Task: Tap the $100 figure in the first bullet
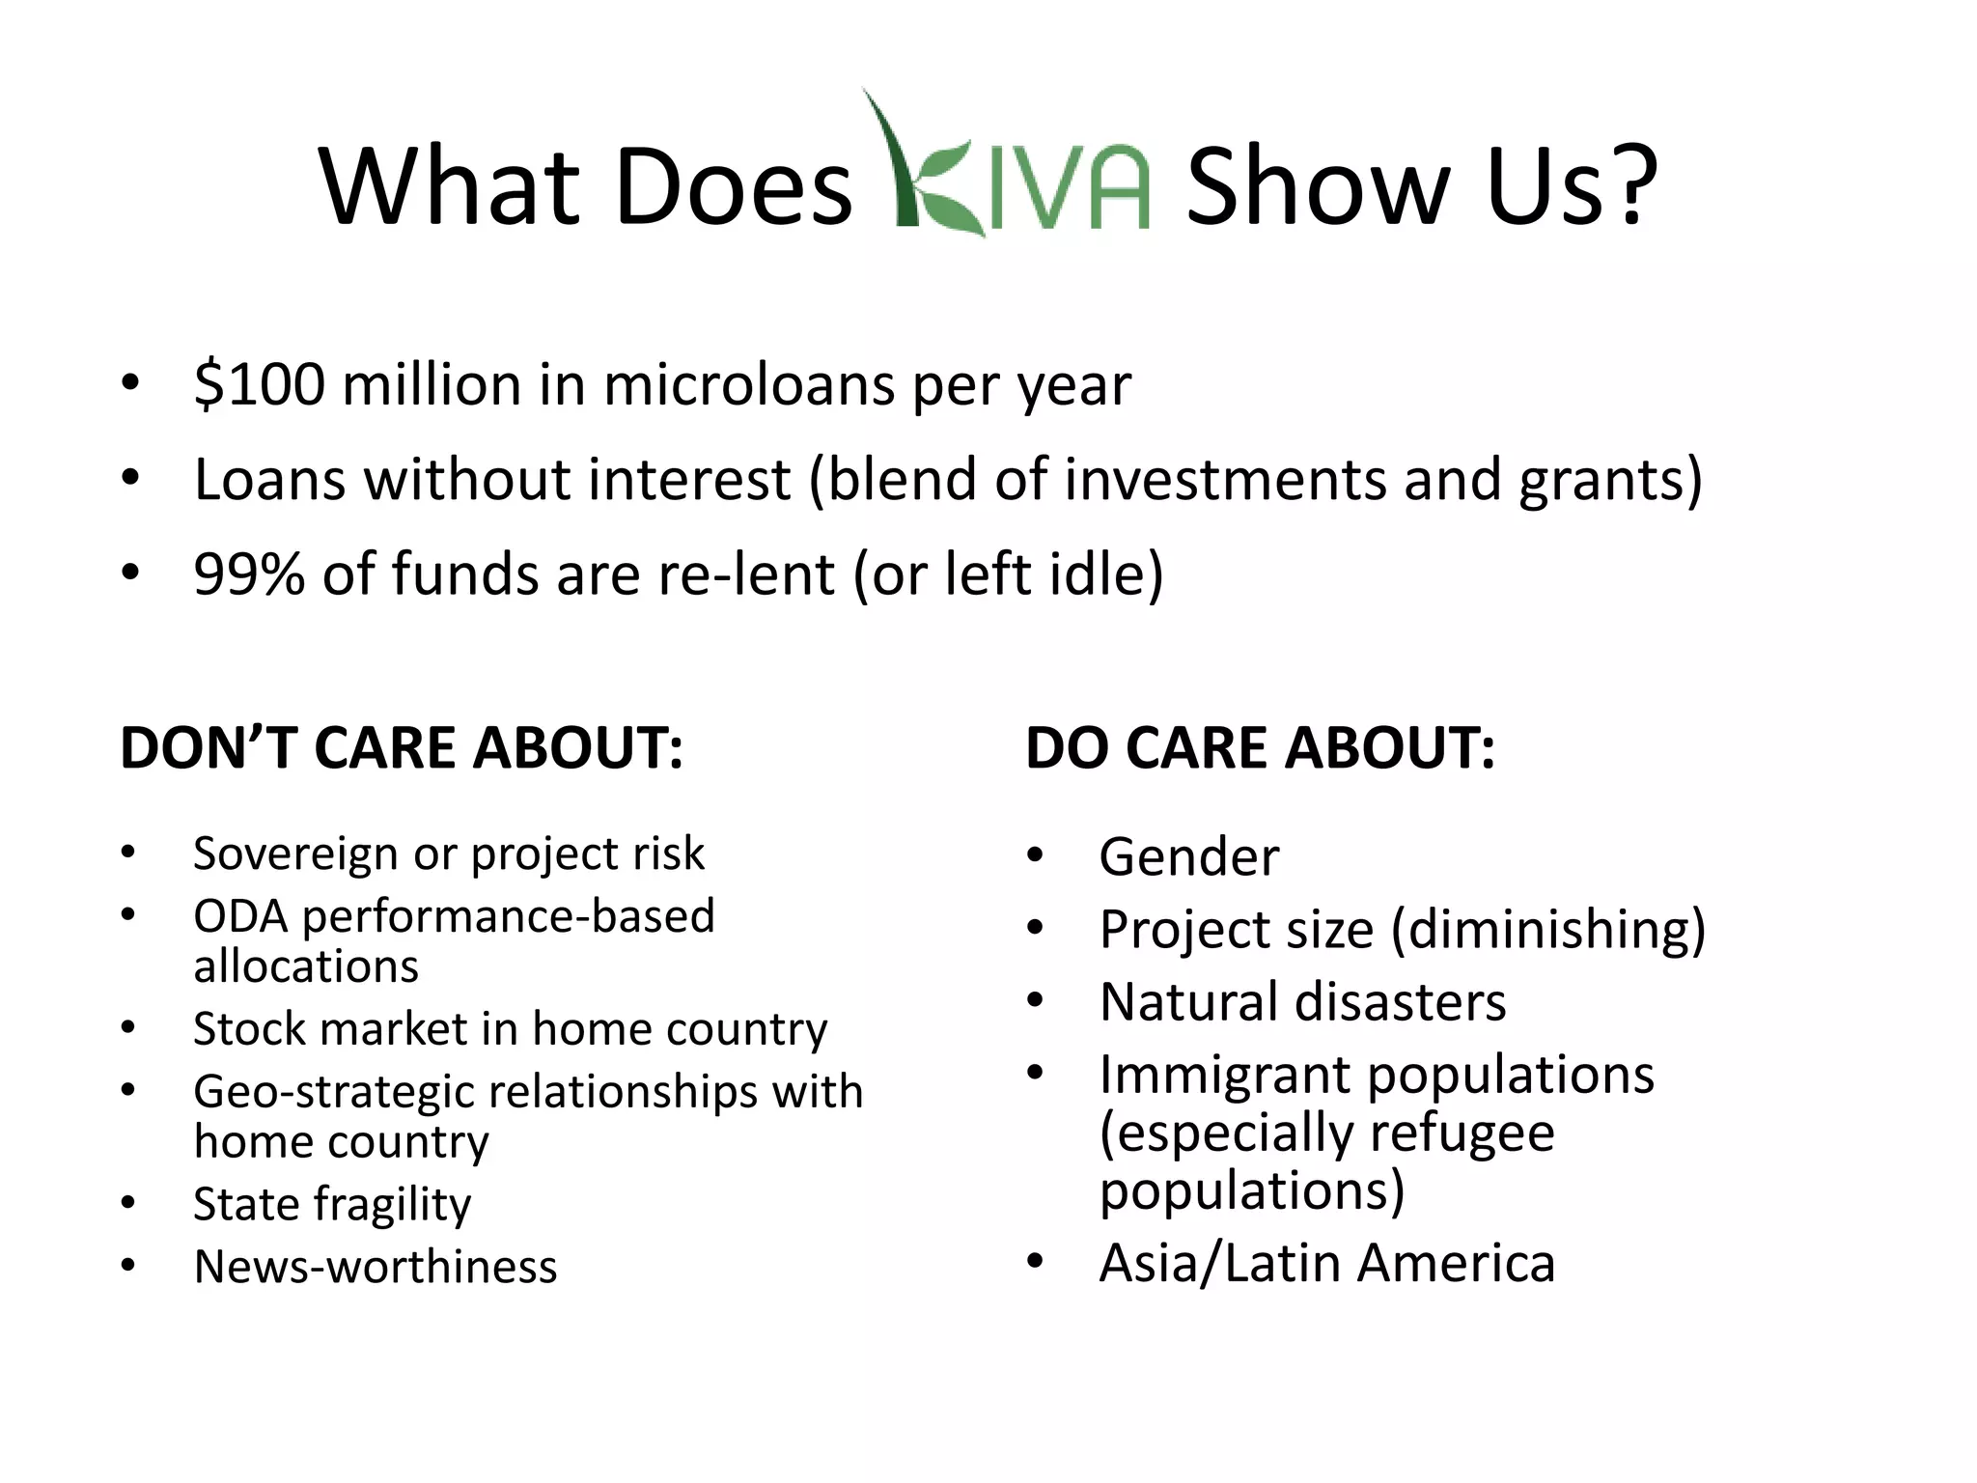(x=259, y=384)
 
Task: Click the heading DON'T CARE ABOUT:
(x=402, y=748)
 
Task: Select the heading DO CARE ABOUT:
(x=1260, y=748)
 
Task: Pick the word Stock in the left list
(x=249, y=1029)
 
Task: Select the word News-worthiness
(x=376, y=1267)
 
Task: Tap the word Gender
(x=1188, y=857)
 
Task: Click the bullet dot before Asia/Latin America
(x=1036, y=1261)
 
